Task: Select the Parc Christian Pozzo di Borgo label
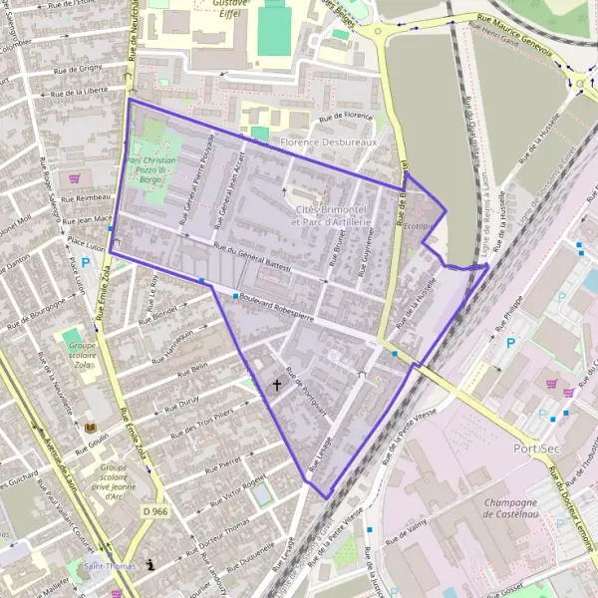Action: click(x=151, y=176)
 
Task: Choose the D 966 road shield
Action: click(x=153, y=511)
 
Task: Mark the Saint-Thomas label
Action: click(x=111, y=566)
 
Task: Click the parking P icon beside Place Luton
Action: click(x=86, y=263)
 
